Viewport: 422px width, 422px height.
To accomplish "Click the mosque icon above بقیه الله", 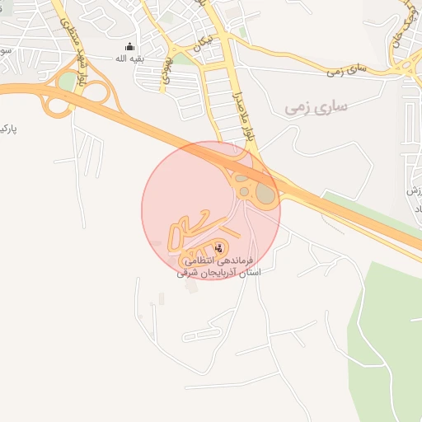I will (129, 46).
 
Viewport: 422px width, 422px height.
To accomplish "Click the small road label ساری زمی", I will (345, 72).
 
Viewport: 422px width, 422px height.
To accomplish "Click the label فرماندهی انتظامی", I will (218, 260).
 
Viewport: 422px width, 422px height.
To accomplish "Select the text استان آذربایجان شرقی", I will (218, 272).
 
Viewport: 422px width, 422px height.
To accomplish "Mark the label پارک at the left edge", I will (8, 129).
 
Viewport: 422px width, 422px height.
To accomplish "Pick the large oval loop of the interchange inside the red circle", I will (265, 195).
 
